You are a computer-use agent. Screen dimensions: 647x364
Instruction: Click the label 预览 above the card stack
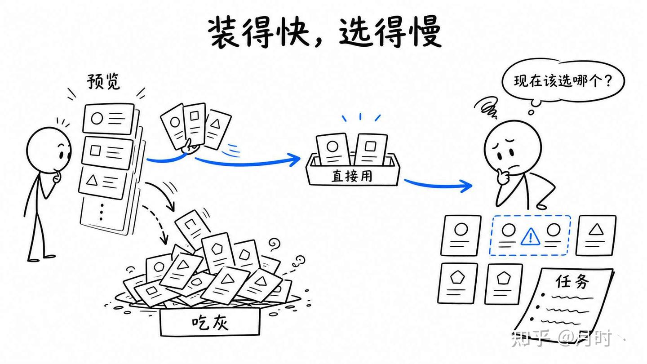point(103,81)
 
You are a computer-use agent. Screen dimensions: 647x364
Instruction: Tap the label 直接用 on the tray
point(352,176)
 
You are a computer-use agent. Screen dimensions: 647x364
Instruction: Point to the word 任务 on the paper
point(572,282)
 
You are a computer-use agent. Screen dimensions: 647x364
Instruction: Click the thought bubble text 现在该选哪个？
point(563,81)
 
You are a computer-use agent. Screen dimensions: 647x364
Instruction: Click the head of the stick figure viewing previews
point(49,150)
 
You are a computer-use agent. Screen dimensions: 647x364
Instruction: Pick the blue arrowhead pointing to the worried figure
point(465,186)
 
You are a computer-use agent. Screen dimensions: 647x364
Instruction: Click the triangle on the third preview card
point(92,181)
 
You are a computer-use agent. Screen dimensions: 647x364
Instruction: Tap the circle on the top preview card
point(97,118)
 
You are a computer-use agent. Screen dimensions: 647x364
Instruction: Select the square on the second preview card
point(95,151)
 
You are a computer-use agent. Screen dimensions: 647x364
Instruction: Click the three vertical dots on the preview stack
point(102,212)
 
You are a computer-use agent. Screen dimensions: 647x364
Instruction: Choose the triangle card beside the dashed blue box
point(596,235)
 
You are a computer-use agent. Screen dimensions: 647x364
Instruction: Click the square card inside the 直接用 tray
point(371,149)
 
